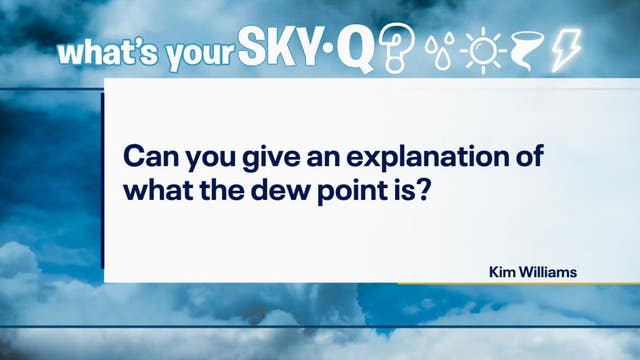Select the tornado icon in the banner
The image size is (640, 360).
pyautogui.click(x=527, y=48)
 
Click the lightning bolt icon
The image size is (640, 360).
pyautogui.click(x=564, y=48)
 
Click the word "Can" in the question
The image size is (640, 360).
pyautogui.click(x=145, y=158)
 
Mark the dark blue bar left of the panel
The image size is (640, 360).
pyautogui.click(x=102, y=180)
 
